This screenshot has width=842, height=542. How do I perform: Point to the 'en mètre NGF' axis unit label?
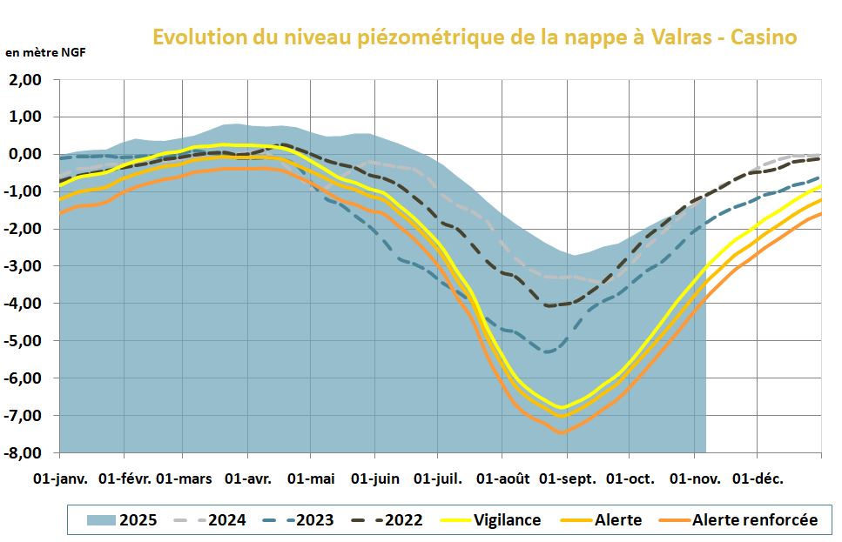[x=45, y=52]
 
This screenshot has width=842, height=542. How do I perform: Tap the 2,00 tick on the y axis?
[x=24, y=80]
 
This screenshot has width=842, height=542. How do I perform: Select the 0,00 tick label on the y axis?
[x=24, y=155]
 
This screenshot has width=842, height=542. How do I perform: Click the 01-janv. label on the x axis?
[x=60, y=479]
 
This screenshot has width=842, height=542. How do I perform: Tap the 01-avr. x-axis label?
[x=249, y=479]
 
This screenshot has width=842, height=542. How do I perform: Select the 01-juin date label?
[x=375, y=479]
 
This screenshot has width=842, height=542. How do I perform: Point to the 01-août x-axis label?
[x=502, y=479]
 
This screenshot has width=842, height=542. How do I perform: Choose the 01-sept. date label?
[x=567, y=479]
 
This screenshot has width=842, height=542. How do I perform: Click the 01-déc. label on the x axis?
[x=756, y=479]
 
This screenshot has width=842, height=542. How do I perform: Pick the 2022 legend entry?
[x=403, y=520]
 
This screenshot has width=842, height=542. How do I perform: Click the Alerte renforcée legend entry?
[x=755, y=520]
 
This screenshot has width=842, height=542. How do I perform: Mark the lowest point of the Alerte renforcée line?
[x=562, y=432]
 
